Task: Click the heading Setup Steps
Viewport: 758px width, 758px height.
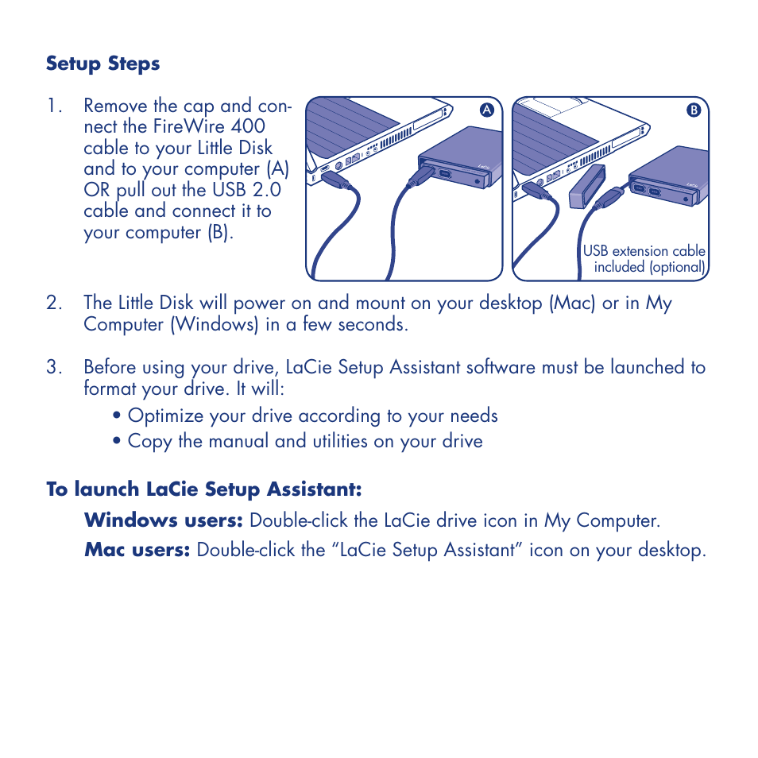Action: (x=102, y=64)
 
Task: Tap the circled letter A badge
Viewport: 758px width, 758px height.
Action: (x=489, y=110)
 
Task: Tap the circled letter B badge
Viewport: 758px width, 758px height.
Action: (x=693, y=110)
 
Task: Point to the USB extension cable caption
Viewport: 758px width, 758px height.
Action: (x=644, y=259)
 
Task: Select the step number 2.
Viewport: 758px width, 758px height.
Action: (x=54, y=303)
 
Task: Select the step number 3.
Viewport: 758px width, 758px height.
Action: (x=54, y=367)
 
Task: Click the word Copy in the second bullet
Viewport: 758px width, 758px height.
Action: (x=149, y=441)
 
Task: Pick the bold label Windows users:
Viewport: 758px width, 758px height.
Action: (x=163, y=520)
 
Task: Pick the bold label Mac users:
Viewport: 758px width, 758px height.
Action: (x=137, y=550)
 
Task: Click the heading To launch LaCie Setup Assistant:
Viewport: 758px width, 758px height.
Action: (x=203, y=489)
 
